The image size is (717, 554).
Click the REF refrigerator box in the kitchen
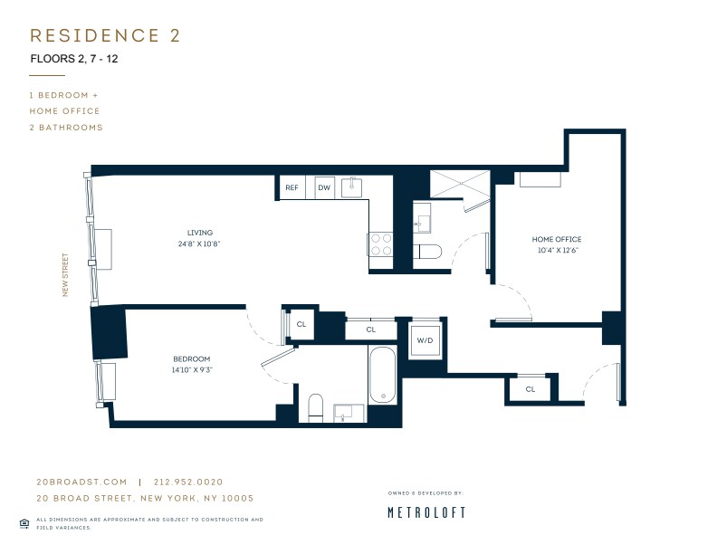292,188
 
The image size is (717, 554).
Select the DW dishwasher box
323,188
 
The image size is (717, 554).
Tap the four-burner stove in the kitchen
379,244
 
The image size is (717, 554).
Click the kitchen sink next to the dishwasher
351,187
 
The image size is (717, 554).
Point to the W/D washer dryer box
425,340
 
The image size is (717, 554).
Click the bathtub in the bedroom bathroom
382,375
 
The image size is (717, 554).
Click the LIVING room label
199,233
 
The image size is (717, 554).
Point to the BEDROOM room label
191,358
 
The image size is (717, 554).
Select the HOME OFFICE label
555,240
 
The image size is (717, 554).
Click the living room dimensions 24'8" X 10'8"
199,244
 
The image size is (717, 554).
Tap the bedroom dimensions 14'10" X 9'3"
191,369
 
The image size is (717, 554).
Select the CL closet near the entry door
530,389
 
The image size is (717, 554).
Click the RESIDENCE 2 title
105,35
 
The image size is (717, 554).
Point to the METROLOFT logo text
426,512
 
